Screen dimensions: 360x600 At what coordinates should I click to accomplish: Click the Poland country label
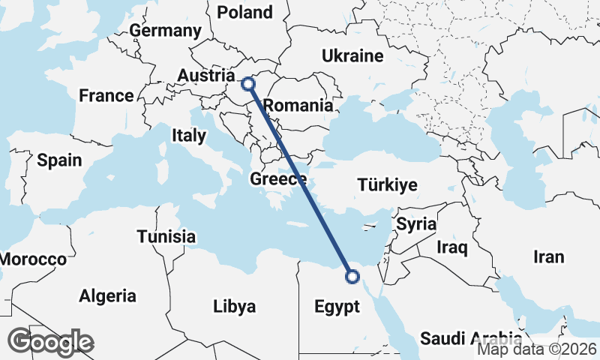coord(244,12)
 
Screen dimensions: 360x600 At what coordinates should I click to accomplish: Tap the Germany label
coord(166,31)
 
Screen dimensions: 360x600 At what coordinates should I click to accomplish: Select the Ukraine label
coord(352,56)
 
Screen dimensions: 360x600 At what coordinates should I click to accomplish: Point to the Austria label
coord(206,76)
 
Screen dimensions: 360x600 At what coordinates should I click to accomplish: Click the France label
coord(106,96)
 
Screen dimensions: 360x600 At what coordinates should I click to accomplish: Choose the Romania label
coord(298,106)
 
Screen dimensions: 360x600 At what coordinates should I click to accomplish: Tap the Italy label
coord(188,136)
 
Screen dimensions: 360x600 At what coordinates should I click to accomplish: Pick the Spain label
coord(58,160)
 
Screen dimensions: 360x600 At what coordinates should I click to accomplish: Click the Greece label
coord(278,179)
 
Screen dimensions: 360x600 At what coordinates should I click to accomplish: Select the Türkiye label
coord(388,184)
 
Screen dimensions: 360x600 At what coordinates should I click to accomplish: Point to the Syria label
coord(416,223)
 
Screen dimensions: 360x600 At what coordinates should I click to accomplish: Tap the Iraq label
coord(452,247)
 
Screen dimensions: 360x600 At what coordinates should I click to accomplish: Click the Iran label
coord(548,257)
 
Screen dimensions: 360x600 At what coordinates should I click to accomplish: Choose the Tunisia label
coord(166,237)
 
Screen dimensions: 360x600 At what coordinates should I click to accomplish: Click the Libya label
coord(235,306)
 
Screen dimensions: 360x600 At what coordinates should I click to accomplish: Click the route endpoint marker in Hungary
coord(248,84)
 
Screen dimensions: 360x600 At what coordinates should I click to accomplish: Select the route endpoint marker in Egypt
coord(352,277)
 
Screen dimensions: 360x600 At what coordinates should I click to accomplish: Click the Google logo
coord(50,342)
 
